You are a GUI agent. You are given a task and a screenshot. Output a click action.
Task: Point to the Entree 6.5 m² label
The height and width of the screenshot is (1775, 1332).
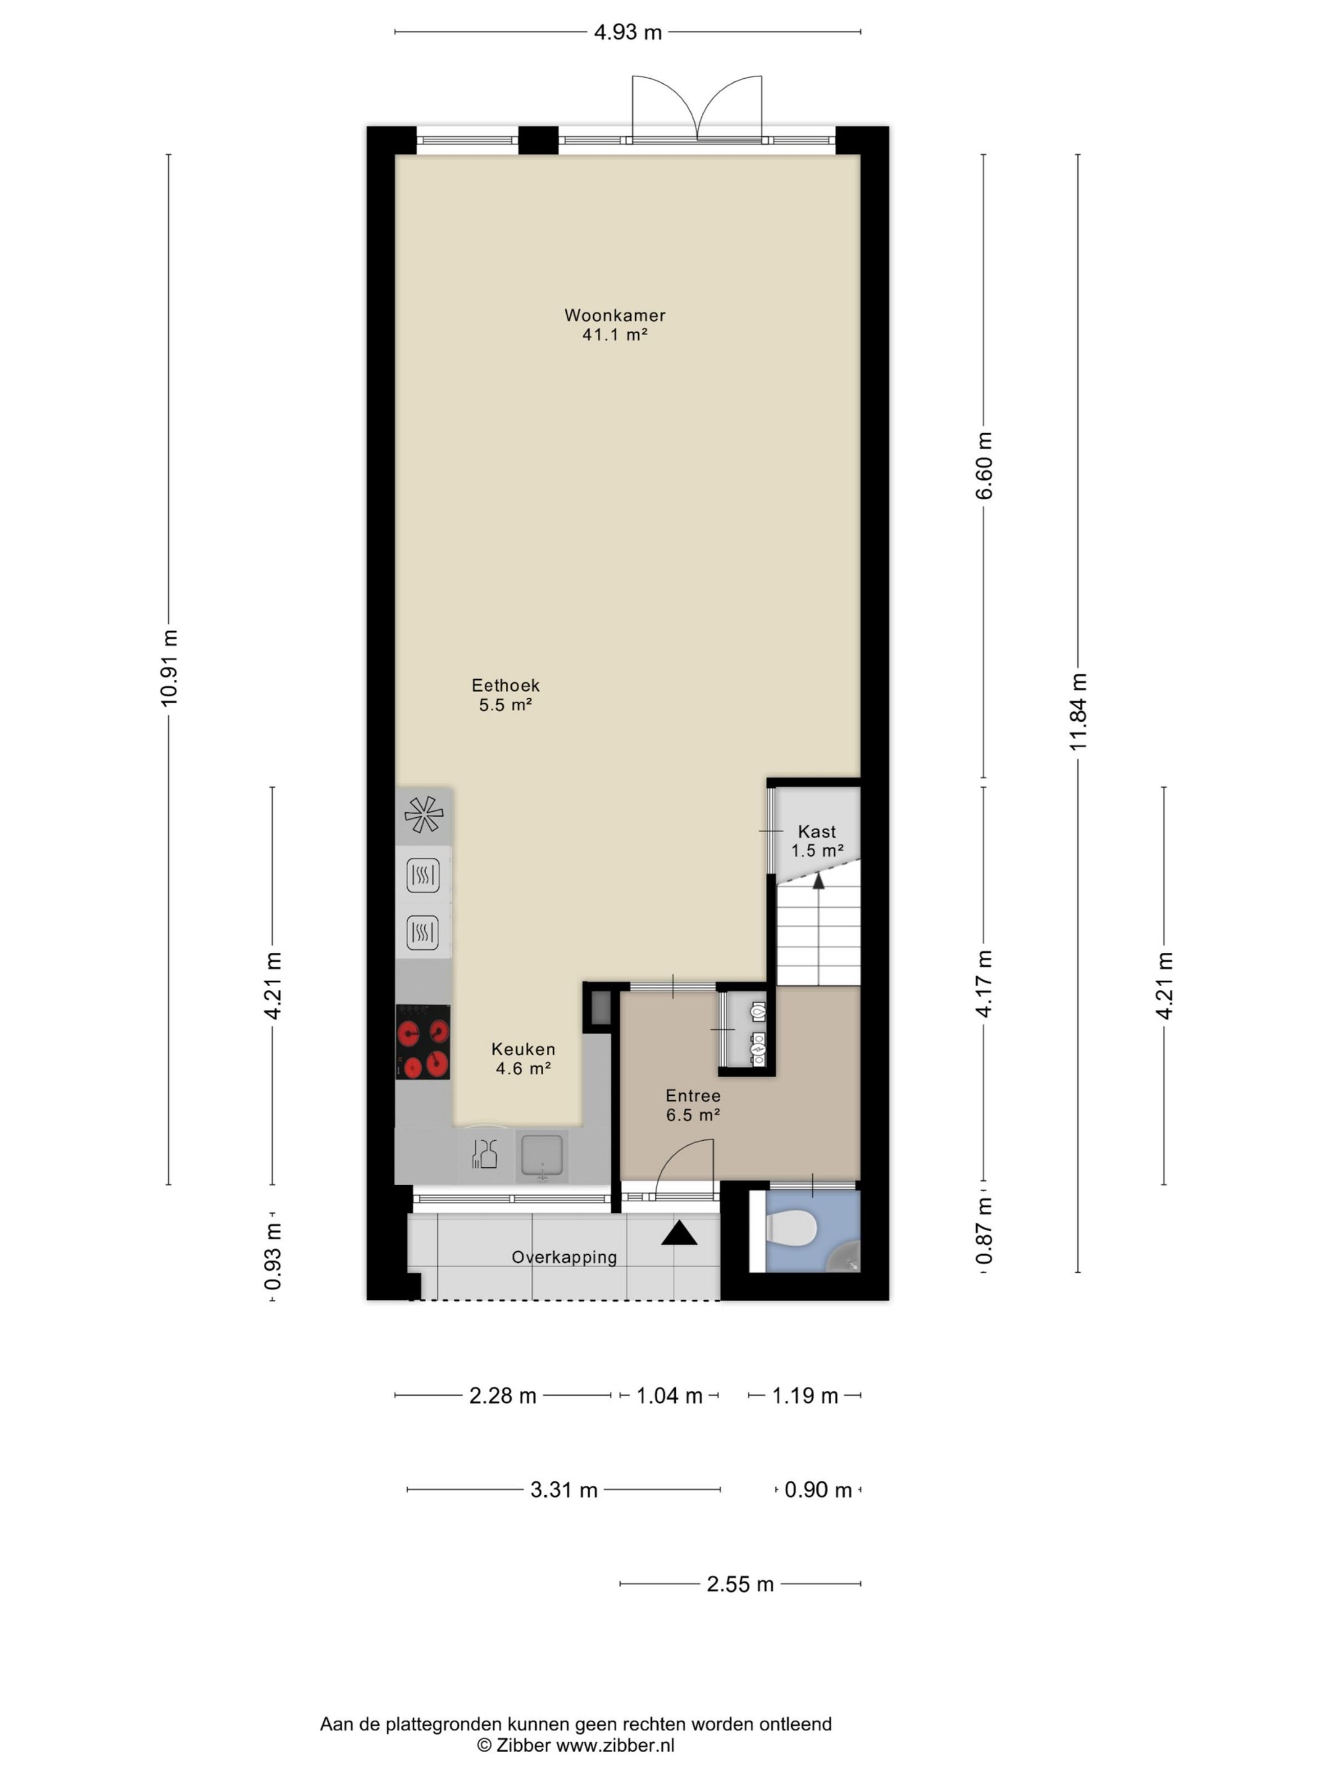point(693,1105)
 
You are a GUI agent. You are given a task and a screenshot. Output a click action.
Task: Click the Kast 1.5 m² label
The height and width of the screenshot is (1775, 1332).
point(816,841)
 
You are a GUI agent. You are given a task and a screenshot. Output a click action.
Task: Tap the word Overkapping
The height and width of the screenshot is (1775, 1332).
point(564,1257)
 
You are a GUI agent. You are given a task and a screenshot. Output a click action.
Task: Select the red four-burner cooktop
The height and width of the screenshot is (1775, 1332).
point(422,1042)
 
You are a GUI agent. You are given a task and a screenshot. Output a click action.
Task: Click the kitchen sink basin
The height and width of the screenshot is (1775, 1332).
point(542,1156)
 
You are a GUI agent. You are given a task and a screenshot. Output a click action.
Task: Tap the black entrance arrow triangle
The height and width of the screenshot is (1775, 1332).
point(679,1234)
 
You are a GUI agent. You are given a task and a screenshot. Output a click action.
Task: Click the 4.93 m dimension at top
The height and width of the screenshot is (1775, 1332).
point(628,32)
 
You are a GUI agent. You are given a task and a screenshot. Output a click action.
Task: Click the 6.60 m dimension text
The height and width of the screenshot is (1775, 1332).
point(984,465)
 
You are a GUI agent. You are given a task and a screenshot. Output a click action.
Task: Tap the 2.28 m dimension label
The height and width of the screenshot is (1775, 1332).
point(503,1395)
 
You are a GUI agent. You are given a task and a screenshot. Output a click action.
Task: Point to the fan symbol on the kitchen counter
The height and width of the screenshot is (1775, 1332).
point(423,815)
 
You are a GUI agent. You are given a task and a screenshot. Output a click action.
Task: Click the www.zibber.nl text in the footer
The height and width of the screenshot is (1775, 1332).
point(616,1745)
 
